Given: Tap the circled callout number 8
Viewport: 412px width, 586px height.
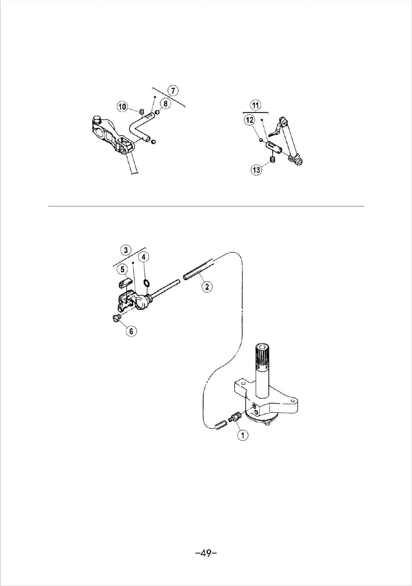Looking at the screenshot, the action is pos(165,103).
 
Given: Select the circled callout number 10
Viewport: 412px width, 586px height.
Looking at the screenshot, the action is pos(122,107).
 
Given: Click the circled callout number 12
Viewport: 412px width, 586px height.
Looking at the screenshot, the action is pos(250,120).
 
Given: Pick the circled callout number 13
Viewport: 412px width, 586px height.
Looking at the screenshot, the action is pos(257,169).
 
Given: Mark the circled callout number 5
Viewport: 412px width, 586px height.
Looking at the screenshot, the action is pos(123,269).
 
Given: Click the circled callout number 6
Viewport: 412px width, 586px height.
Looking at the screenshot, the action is pos(132,331).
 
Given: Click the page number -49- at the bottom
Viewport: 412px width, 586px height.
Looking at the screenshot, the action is pos(206,553).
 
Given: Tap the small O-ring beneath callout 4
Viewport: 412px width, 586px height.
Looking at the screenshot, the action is pos(146,283).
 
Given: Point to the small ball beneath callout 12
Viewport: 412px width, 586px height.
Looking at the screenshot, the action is pos(260,140).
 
